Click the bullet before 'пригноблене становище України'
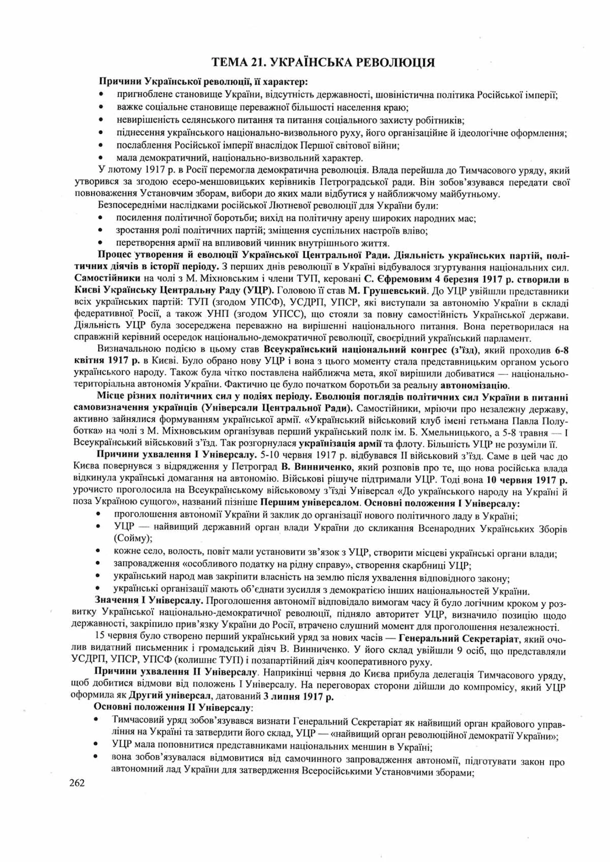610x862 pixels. point(101,95)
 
